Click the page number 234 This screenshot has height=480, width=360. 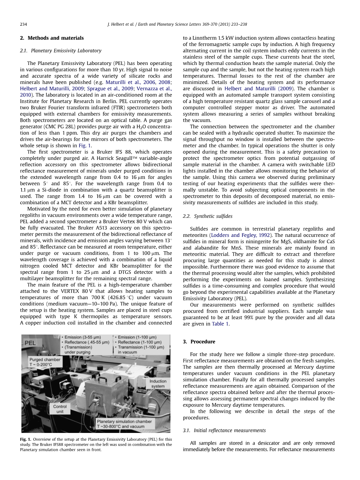(x=23, y=24)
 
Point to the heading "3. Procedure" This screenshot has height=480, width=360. (x=199, y=342)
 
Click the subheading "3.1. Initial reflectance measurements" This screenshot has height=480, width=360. (x=224, y=430)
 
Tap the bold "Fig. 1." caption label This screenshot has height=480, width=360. (x=26, y=439)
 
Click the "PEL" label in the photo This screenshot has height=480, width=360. (x=31, y=343)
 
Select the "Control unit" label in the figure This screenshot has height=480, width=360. (x=60, y=409)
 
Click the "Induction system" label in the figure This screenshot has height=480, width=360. (x=158, y=384)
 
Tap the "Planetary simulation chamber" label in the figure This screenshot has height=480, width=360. (x=124, y=421)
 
